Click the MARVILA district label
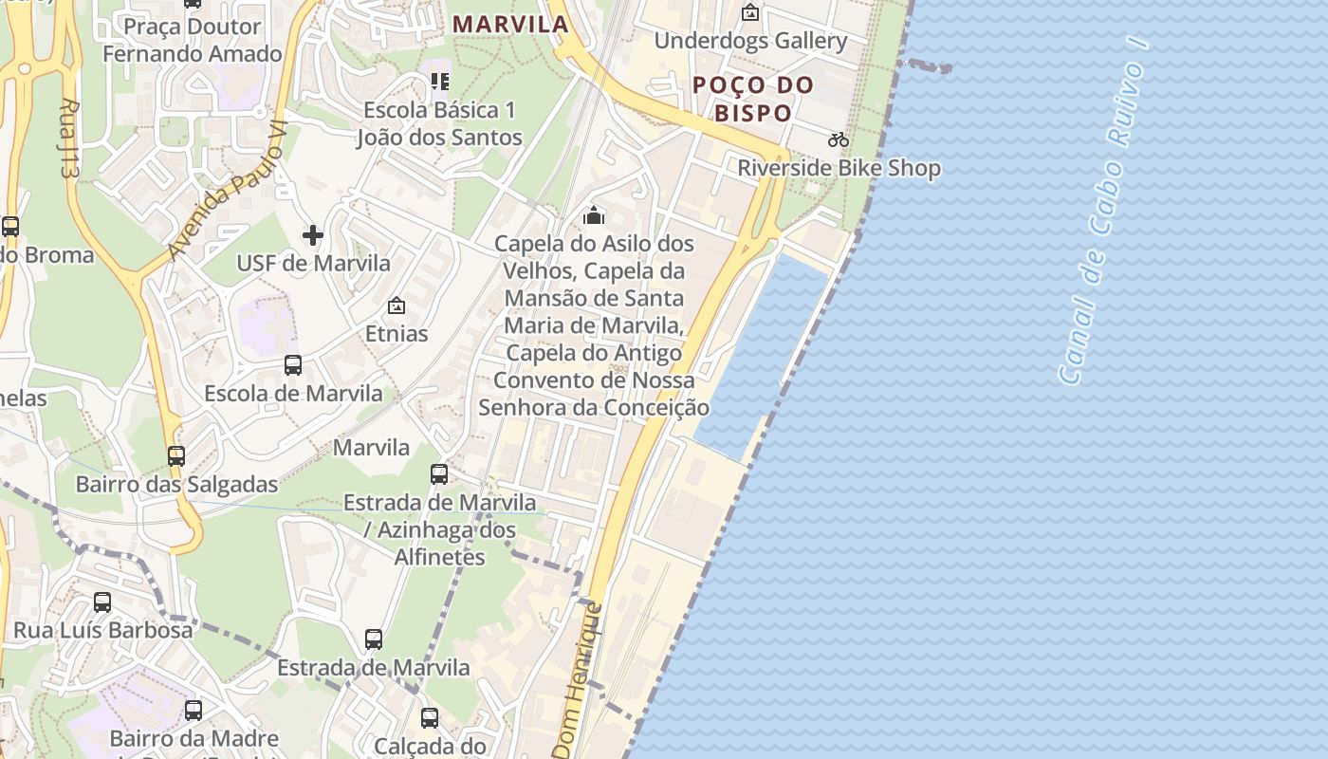pos(510,24)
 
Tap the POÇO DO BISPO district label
pos(753,99)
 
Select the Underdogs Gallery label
pos(750,41)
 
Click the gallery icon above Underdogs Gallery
pos(750,12)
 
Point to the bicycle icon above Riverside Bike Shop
pos(839,139)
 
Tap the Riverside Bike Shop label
pos(839,168)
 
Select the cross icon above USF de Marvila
pos(313,234)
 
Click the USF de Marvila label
pos(313,263)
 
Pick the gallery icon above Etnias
pos(397,305)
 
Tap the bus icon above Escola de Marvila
pos(293,364)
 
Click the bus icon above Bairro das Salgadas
pos(176,455)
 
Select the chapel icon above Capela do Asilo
pos(594,215)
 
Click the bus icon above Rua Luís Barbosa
pos(102,602)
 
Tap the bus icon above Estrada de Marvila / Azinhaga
pos(439,473)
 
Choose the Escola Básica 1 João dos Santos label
pos(439,123)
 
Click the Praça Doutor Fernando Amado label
pos(193,40)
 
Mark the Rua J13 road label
pos(67,139)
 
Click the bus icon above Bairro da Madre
pos(194,710)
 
